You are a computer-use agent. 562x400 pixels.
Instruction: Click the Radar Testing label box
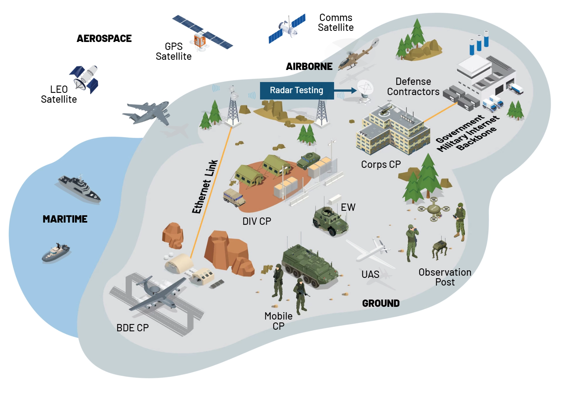pos(297,91)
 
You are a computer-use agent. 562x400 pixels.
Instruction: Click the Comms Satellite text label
pos(336,23)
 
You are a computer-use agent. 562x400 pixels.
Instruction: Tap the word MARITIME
pos(65,219)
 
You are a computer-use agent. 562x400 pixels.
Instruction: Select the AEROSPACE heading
pos(104,38)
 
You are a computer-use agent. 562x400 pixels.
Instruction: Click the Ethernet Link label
pos(205,187)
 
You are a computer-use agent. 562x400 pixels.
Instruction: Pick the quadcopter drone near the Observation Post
pos(434,209)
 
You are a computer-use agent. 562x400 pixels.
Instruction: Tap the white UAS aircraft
pos(372,251)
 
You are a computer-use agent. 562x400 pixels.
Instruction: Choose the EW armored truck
pos(331,221)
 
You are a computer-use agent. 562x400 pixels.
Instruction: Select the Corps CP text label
pos(381,164)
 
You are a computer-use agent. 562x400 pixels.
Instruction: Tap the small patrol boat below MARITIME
pos(56,253)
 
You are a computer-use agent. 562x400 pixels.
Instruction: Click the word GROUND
pos(381,303)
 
